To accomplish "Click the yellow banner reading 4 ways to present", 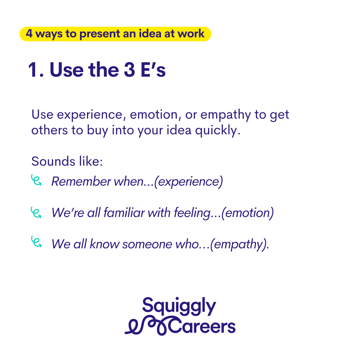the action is (115, 34).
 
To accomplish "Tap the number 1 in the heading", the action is (32, 70).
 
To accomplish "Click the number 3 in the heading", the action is (129, 70).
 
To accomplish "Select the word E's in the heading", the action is (153, 70).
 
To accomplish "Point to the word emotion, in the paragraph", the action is (154, 115).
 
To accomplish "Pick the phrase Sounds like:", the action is (67, 161).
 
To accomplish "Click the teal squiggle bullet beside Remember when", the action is (36, 180).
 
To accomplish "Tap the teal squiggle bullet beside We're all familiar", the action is (36, 212).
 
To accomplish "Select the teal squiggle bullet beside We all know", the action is (36, 242).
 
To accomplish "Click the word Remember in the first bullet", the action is (81, 182).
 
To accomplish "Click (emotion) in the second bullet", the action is (247, 213).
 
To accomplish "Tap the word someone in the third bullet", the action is (147, 244).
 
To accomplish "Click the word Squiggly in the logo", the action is (179, 306).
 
